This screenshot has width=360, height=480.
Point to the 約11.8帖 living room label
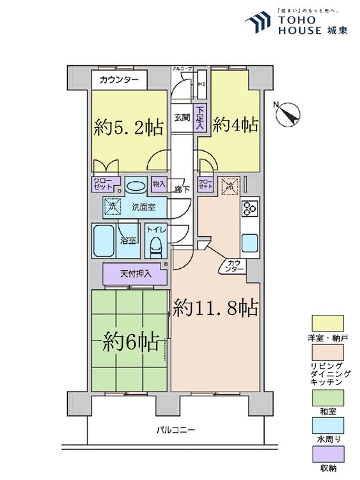click(215, 309)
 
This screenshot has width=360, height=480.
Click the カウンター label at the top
click(118, 81)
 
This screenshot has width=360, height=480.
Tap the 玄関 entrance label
click(182, 117)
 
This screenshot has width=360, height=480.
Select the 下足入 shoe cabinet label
click(200, 118)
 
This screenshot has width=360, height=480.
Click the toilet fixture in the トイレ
click(154, 245)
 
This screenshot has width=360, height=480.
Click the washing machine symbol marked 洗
click(113, 207)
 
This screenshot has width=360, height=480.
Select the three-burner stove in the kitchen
click(249, 209)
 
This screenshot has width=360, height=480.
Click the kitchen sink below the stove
click(249, 243)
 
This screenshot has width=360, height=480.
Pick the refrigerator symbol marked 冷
click(229, 186)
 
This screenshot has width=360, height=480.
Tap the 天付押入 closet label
click(136, 274)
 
